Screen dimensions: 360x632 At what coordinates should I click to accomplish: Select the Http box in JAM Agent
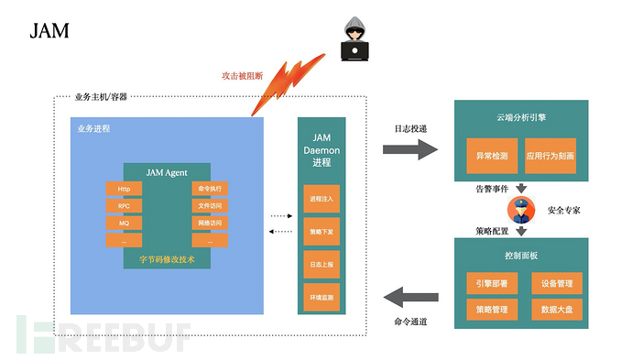pyautogui.click(x=124, y=189)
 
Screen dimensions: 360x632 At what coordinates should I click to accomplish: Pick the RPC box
pyautogui.click(x=124, y=206)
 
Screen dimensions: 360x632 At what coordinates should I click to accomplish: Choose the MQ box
pyautogui.click(x=124, y=223)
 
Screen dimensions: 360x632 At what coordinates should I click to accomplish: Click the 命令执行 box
pyautogui.click(x=209, y=189)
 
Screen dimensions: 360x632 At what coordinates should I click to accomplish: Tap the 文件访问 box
pyautogui.click(x=209, y=206)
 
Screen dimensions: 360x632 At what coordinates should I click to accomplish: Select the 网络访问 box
pyautogui.click(x=209, y=223)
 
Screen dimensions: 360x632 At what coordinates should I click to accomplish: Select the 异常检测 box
pyautogui.click(x=492, y=156)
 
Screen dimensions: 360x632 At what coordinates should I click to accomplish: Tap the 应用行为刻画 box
pyautogui.click(x=550, y=156)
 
